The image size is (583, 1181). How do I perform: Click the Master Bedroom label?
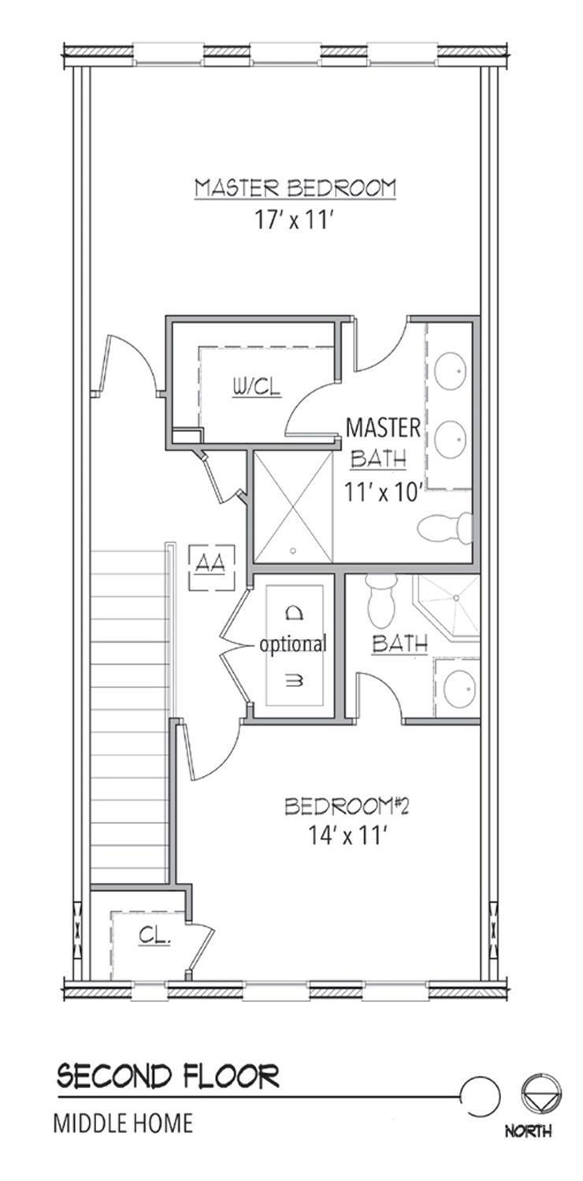point(295,188)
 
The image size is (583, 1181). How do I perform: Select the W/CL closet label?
point(257,388)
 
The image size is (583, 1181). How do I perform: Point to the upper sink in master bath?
point(450,371)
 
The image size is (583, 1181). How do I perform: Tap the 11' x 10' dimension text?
point(383,492)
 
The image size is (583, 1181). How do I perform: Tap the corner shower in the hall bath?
point(449,607)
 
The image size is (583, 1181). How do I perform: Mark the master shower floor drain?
point(293,552)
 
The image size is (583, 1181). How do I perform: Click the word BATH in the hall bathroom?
point(399,644)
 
